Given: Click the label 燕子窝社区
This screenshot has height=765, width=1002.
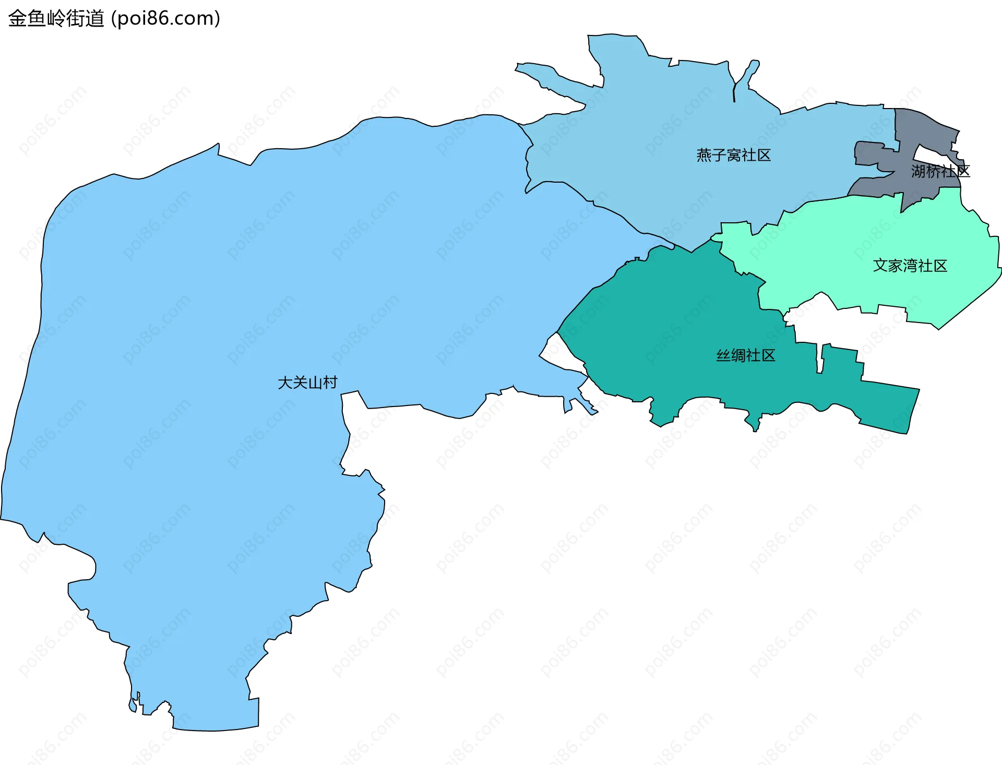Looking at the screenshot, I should click(733, 155).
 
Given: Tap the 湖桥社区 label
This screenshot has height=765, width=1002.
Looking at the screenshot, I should click(940, 171).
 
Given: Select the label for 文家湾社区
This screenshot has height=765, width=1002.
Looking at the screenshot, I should click(910, 266).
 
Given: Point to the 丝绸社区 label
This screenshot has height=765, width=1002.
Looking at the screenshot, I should click(745, 355).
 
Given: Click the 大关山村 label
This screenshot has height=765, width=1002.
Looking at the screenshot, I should click(307, 382).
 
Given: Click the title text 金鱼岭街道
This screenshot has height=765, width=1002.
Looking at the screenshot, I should click(56, 18).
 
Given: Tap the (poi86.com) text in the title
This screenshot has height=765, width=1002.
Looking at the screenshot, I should click(166, 18).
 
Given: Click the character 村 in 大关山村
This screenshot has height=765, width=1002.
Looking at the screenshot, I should click(330, 382).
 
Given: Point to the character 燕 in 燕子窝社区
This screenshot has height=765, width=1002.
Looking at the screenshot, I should click(704, 155).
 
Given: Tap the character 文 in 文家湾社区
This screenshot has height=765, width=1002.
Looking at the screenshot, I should click(880, 266).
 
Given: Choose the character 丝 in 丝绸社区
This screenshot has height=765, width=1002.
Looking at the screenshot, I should click(723, 355).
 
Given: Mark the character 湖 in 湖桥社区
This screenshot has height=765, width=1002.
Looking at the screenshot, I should click(918, 171).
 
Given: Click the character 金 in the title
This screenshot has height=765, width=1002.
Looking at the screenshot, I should click(17, 18).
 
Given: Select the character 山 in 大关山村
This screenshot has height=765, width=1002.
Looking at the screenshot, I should click(315, 382).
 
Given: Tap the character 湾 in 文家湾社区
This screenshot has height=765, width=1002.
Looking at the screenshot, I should click(910, 266).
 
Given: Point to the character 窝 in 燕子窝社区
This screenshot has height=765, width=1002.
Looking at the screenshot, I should click(734, 155).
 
